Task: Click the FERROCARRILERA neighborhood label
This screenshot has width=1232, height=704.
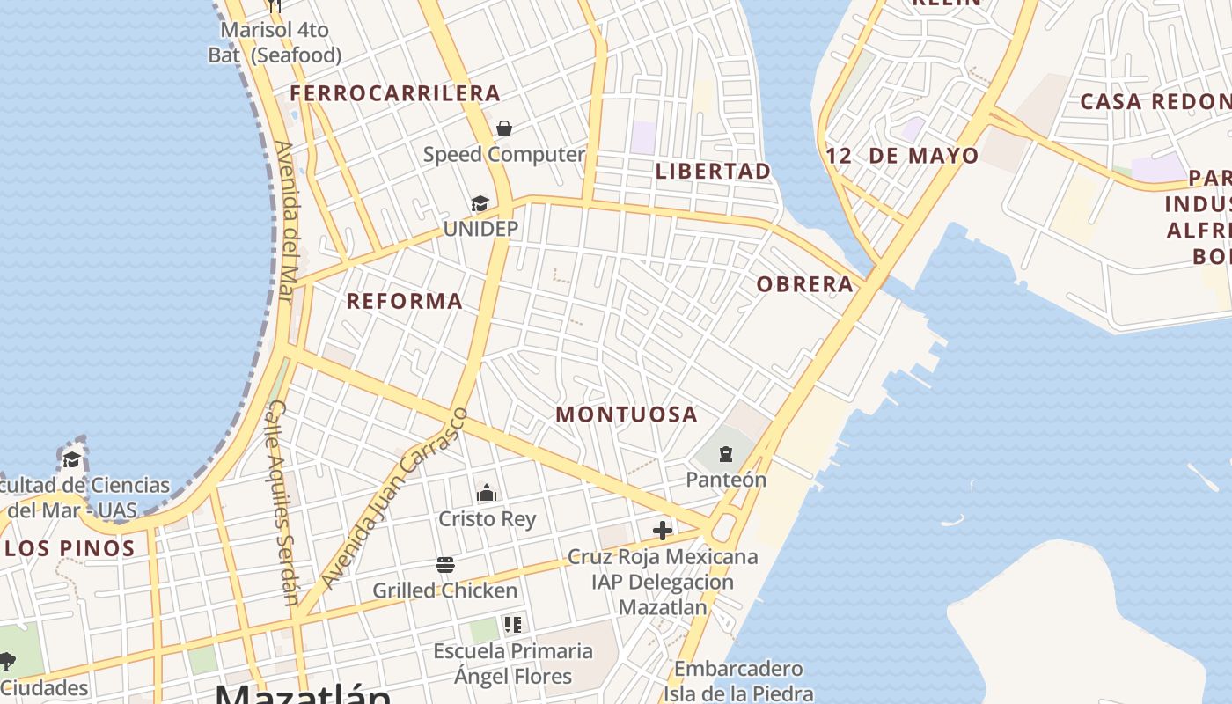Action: tap(395, 93)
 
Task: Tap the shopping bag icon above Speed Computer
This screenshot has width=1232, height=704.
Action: tap(504, 128)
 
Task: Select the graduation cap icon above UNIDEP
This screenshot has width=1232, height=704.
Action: tap(480, 204)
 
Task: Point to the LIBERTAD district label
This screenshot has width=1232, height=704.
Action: tap(713, 171)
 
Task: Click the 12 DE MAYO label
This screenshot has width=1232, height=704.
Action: tap(902, 157)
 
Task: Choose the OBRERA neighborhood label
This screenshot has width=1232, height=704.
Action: tap(805, 284)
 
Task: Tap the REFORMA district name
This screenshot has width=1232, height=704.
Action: tap(405, 301)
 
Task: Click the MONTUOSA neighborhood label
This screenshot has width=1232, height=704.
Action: tap(627, 414)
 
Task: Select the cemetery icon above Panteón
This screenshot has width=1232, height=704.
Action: tap(726, 454)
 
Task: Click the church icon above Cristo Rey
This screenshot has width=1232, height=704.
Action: tap(487, 493)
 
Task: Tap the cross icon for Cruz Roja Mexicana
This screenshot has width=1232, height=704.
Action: tap(663, 530)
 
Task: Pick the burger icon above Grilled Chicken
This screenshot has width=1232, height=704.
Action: tap(445, 564)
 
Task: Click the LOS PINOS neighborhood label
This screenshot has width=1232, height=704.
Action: tap(70, 548)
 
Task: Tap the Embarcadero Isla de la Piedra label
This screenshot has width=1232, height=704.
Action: tap(738, 681)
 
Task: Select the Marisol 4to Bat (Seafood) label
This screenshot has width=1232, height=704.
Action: tap(275, 42)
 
